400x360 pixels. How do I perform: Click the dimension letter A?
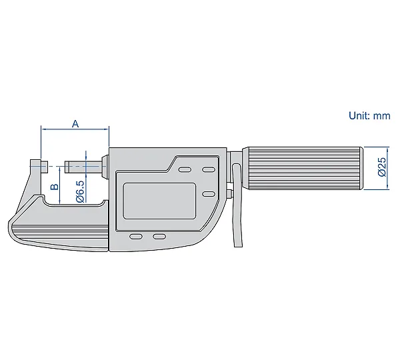click(x=75, y=124)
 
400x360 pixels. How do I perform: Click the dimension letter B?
click(x=55, y=187)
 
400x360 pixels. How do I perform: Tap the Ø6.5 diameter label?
click(x=80, y=191)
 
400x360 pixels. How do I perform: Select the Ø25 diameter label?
click(x=382, y=167)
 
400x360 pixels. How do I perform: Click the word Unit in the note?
click(x=359, y=115)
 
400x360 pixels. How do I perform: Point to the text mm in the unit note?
click(x=381, y=117)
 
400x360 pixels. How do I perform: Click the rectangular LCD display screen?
click(x=160, y=201)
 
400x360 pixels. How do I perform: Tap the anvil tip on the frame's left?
click(x=45, y=166)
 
